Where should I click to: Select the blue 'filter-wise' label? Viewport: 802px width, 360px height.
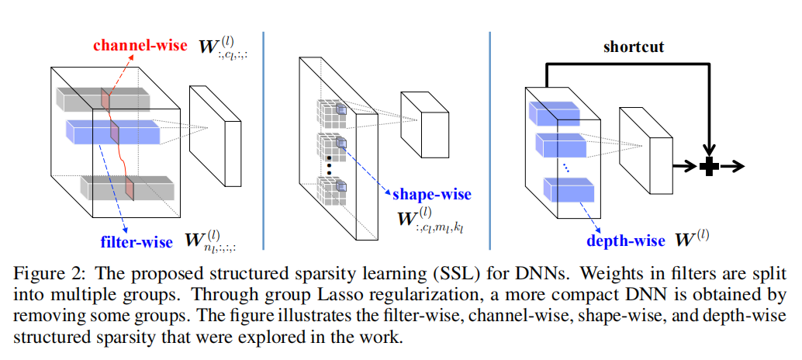(137, 242)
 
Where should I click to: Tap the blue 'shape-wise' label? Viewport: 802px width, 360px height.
(432, 194)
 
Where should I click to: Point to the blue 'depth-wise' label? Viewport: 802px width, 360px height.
(626, 241)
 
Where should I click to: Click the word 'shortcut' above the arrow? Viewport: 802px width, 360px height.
(634, 47)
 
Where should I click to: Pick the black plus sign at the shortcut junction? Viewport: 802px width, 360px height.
(707, 165)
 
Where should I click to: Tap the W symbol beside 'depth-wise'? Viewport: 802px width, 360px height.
(682, 241)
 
